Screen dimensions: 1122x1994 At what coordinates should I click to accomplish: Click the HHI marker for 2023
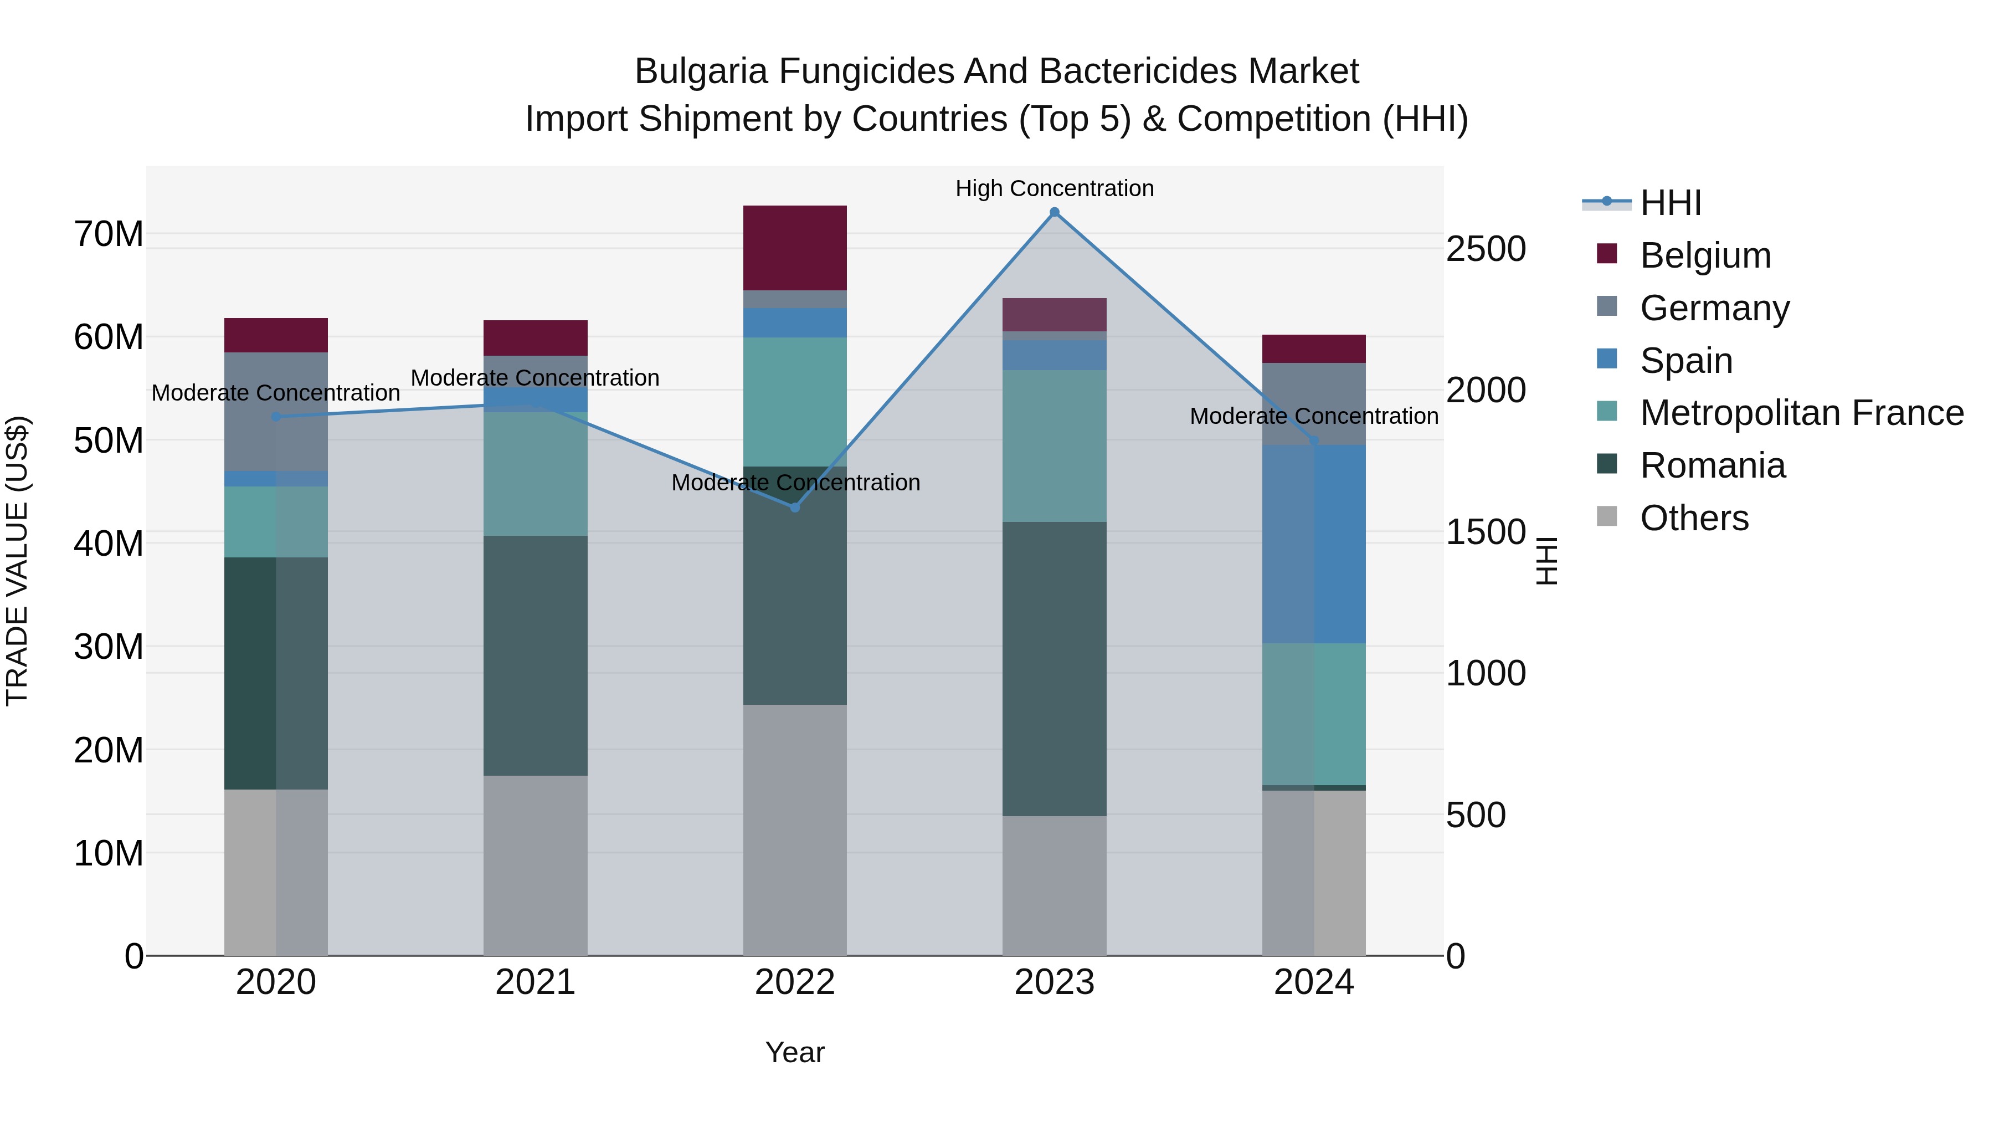[x=1054, y=212]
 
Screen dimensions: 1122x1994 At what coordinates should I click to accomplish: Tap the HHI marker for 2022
[x=795, y=507]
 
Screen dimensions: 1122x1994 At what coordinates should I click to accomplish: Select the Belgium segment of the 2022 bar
[x=795, y=248]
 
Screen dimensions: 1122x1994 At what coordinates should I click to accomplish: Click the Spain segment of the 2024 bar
[x=1314, y=544]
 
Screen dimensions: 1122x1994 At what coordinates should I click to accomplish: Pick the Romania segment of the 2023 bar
[x=1054, y=668]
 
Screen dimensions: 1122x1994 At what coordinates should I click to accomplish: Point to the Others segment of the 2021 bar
[x=535, y=865]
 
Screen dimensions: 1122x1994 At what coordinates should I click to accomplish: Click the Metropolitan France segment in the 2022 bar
[x=795, y=401]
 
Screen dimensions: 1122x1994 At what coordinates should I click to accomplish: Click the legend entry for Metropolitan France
[x=1801, y=413]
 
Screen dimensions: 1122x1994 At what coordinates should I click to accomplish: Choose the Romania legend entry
[x=1712, y=465]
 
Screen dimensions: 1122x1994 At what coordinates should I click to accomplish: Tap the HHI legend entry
[x=1671, y=203]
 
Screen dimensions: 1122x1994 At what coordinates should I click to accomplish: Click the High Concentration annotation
[x=1054, y=188]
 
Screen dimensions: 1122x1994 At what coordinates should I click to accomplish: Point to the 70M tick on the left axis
[x=109, y=234]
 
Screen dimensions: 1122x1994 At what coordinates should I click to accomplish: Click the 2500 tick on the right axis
[x=1486, y=249]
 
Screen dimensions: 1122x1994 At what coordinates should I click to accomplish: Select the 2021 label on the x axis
[x=535, y=982]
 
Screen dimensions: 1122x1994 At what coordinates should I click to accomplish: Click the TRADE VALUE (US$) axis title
[x=17, y=561]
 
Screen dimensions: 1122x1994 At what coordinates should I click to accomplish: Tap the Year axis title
[x=795, y=1052]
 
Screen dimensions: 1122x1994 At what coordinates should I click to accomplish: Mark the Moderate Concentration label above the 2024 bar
[x=1314, y=416]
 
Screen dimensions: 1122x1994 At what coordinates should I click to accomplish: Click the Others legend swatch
[x=1607, y=516]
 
